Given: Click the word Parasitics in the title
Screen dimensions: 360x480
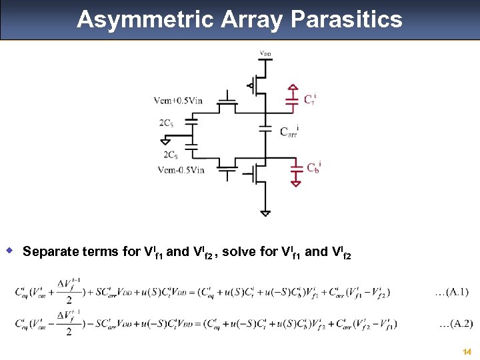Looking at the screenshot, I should pos(346,19).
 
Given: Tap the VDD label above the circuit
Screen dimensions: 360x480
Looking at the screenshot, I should pos(265,53).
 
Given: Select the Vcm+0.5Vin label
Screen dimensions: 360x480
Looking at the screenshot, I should pos(177,101).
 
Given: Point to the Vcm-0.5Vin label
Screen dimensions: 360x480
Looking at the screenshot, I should pos(181,169).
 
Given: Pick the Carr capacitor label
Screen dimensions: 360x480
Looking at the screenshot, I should pos(289,131).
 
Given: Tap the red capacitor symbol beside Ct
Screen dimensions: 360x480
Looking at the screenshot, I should pos(292,99).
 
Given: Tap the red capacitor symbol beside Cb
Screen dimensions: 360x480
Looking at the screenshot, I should pos(296,173).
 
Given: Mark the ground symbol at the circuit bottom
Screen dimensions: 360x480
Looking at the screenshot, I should pos(265,213).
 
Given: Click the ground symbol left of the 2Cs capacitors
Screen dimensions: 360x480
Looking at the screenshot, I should pos(165,140).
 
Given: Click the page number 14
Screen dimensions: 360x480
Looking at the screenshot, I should pos(467,351).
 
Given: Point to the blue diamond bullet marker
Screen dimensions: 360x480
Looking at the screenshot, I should pos(10,251).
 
